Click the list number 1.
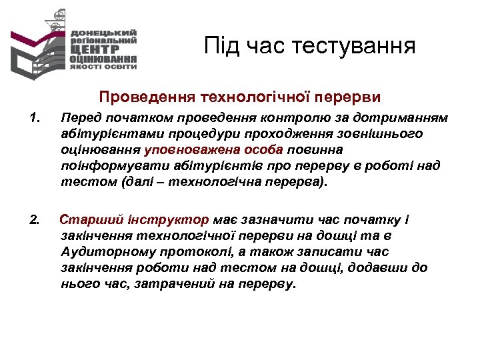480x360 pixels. click(x=35, y=119)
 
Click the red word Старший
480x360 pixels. click(x=87, y=220)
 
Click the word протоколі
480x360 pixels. click(x=190, y=252)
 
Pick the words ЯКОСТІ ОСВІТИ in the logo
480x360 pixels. click(x=103, y=66)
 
